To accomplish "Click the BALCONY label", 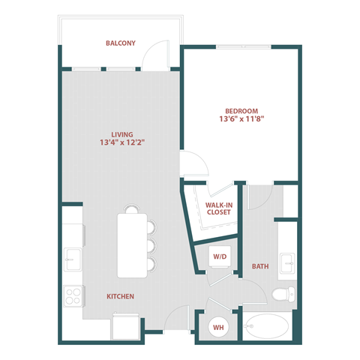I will coord(121,43).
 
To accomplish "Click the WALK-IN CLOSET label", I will coord(219,207).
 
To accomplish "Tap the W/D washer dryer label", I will coord(220,256).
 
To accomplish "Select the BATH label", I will coord(260,266).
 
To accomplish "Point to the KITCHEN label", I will coord(120,296).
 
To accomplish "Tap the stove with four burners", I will coord(73,295).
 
